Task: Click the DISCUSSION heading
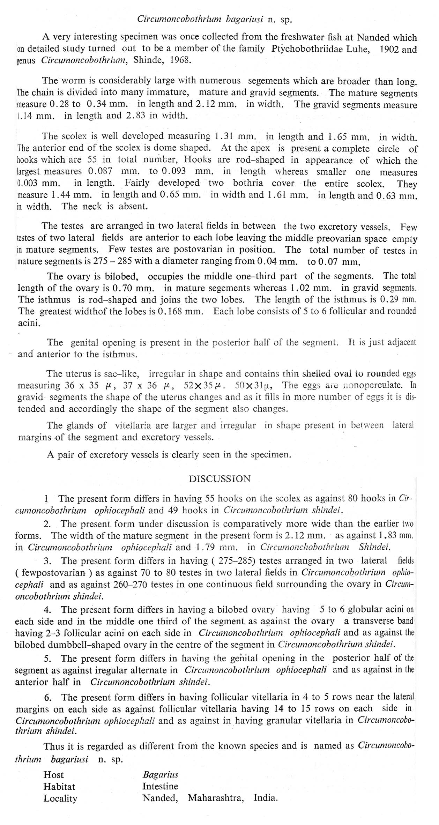click(x=219, y=478)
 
